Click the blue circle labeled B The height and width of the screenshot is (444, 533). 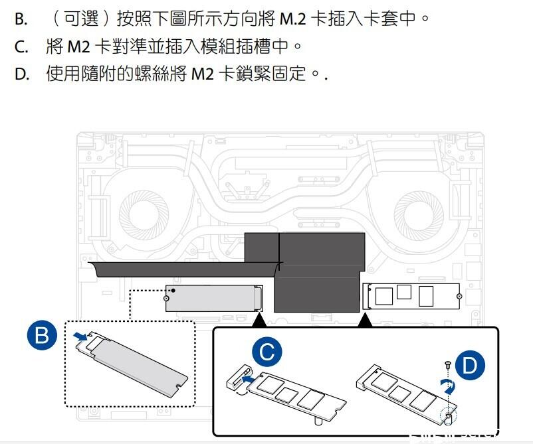42,335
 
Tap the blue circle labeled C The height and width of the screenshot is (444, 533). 267,352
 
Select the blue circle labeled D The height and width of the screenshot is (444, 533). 470,365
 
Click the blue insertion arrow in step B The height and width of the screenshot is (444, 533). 80,336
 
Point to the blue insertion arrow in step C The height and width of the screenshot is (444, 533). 248,378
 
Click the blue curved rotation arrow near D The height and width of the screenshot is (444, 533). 449,386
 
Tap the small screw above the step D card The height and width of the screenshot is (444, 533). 448,365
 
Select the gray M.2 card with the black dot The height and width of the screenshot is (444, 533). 214,298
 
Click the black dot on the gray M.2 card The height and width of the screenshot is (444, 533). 173,291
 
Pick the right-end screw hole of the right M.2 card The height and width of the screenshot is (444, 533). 459,297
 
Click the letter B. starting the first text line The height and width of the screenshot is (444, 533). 21,19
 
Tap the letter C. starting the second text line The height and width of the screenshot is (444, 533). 21,46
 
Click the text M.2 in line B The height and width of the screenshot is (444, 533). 292,19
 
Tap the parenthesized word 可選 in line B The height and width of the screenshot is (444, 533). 82,19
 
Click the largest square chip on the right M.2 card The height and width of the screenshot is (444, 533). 384,296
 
